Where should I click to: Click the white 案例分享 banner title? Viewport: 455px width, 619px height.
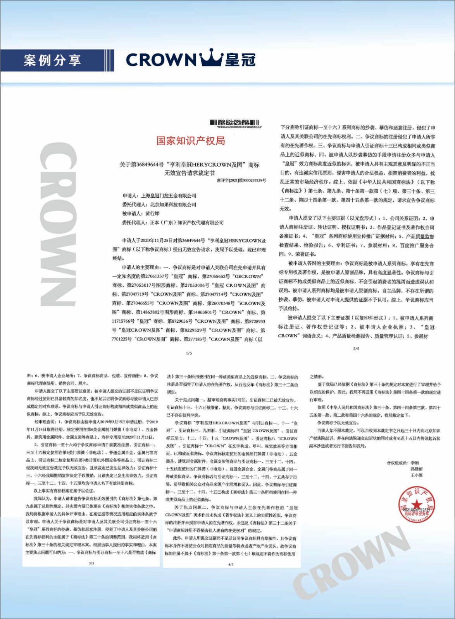53,60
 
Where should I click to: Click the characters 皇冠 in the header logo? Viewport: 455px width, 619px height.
240,60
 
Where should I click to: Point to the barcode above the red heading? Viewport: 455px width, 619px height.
235,123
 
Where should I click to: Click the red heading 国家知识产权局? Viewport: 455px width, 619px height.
191,141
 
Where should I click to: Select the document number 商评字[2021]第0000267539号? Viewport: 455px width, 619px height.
241,180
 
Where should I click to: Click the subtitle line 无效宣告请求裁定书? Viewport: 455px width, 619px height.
190,173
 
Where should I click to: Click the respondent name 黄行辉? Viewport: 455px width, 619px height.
152,214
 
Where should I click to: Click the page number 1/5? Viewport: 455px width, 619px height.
189,353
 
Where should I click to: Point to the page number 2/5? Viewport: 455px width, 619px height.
356,349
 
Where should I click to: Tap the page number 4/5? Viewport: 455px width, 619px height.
231,564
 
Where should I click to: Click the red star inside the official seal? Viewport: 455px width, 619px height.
416,504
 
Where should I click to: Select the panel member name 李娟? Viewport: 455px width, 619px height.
415,463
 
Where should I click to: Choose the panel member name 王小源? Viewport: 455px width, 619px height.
417,475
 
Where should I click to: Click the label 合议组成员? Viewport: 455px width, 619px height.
397,463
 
